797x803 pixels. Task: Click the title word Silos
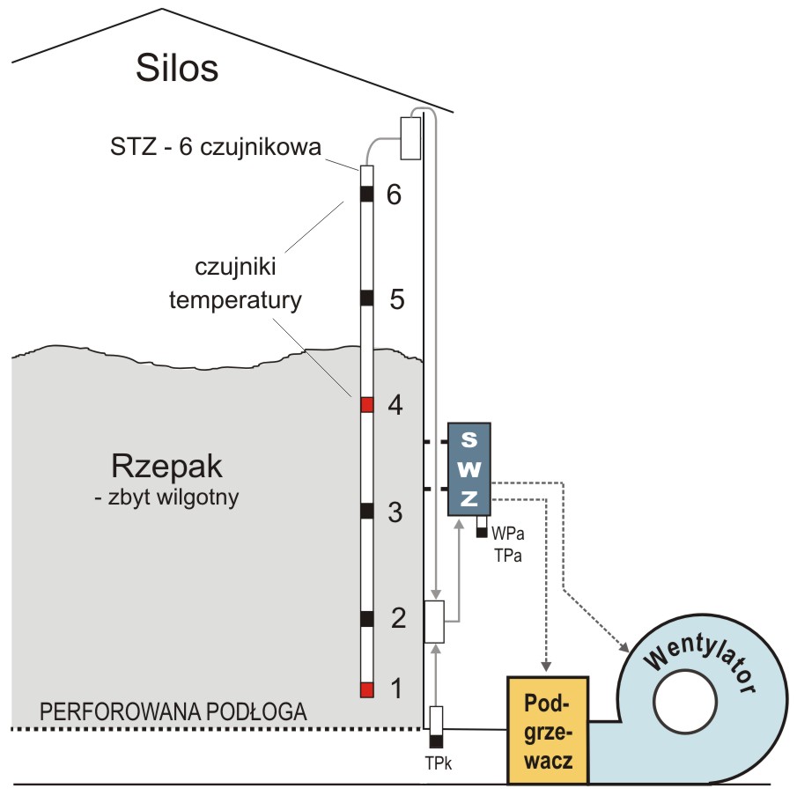176,67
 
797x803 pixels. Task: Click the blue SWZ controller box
469,468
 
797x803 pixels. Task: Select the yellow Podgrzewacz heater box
546,730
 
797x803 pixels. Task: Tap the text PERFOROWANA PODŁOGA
174,711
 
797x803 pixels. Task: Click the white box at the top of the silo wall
410,138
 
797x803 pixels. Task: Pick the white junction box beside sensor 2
434,622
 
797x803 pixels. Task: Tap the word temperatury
235,300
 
